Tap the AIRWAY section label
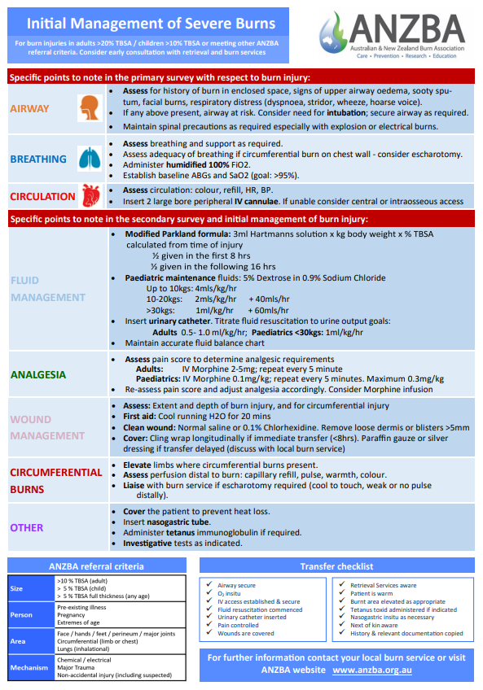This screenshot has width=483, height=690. point(29,108)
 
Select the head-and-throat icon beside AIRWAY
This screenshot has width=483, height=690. point(87,107)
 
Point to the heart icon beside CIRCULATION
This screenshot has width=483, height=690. point(90,195)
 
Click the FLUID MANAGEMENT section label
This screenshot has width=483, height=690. point(47,289)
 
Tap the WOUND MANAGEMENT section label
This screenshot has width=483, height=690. point(47,428)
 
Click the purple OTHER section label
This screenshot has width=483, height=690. point(27,527)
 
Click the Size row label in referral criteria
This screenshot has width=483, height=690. point(17,587)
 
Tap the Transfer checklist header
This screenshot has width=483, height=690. point(336,566)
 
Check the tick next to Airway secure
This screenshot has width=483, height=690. point(211,585)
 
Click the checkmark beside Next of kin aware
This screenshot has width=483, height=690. point(342,625)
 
